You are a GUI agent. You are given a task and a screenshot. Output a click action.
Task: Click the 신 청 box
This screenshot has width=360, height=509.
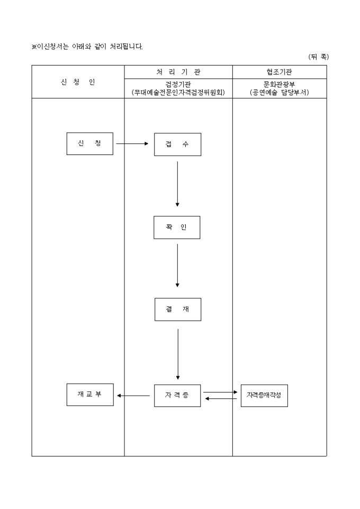89,143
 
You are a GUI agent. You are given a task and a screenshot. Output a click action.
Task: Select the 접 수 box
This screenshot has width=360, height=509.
177,144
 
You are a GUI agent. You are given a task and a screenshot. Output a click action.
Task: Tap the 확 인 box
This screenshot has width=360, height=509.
177,228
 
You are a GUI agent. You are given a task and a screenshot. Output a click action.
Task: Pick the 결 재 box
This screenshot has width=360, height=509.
177,310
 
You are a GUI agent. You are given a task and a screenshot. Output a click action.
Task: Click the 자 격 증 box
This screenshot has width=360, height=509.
177,395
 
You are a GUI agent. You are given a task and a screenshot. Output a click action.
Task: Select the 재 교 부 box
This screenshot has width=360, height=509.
90,395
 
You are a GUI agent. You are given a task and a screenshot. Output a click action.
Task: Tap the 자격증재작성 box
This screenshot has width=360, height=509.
264,395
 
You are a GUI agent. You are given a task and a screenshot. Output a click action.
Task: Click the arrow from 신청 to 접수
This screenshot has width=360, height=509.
132,143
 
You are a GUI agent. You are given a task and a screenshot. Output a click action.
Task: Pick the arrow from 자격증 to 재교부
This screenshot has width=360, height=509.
133,395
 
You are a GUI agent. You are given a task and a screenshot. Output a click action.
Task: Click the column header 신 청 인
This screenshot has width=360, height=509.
78,82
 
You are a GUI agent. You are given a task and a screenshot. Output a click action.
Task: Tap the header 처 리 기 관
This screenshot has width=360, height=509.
178,72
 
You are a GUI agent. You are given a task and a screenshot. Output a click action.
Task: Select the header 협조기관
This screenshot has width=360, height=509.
280,72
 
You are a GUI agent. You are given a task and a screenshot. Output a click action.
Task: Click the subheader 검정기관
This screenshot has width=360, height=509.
178,84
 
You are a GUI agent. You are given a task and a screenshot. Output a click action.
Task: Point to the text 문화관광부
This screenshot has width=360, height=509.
280,84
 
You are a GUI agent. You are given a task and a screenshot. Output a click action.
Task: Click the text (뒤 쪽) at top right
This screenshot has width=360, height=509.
318,57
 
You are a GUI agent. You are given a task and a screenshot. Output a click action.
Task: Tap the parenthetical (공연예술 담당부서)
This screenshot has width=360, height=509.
280,92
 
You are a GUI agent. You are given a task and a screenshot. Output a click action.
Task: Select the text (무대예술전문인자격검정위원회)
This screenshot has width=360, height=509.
178,92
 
